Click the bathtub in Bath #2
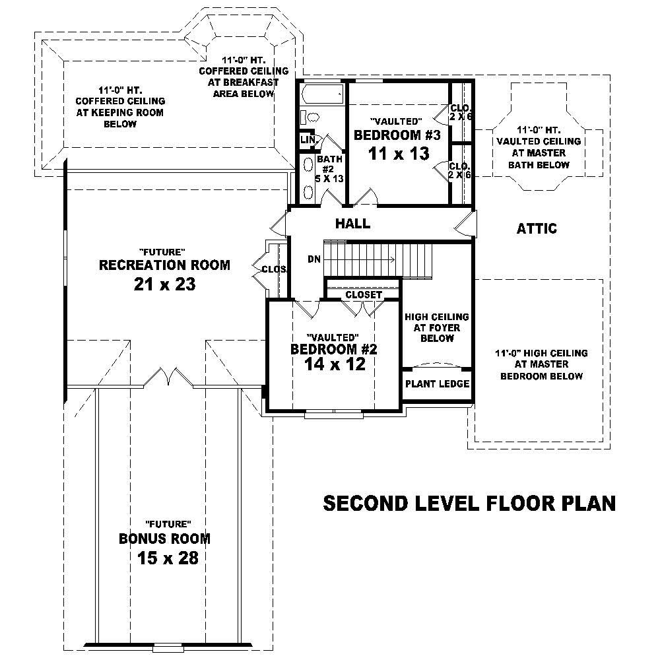coord(321,95)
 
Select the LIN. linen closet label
coord(307,140)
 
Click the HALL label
coord(353,224)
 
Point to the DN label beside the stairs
coord(314,259)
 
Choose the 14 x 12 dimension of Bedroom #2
coord(334,364)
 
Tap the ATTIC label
coord(537,229)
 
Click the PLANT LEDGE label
coord(437,383)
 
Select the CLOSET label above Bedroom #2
coord(364,294)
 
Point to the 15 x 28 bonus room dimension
coord(168,558)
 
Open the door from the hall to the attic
coord(466,225)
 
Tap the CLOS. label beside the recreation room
coord(274,269)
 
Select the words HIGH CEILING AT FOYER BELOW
coord(437,327)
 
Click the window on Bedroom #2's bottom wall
coord(334,414)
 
